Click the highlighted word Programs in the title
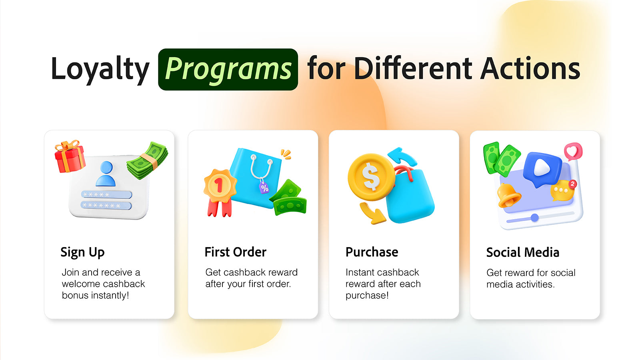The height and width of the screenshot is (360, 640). tap(228, 70)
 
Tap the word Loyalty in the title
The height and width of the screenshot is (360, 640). tap(100, 70)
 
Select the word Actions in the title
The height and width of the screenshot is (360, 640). tap(530, 68)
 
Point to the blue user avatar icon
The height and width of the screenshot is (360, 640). tap(106, 174)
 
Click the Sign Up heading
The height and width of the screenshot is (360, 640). tap(82, 252)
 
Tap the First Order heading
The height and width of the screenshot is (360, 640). tap(236, 252)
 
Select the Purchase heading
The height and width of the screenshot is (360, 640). tap(372, 252)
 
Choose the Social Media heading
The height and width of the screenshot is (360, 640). tap(522, 252)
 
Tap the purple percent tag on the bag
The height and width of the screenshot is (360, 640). tap(264, 188)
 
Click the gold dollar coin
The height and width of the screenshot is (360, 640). tap(371, 177)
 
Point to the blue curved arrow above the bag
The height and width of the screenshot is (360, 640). tap(403, 156)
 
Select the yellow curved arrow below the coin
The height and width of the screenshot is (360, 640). tap(372, 213)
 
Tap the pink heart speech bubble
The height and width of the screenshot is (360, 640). tap(573, 151)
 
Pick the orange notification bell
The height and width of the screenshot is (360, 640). tap(508, 196)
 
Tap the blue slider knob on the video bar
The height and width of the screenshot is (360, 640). tap(534, 218)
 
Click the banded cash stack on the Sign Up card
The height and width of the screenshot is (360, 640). tap(148, 160)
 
